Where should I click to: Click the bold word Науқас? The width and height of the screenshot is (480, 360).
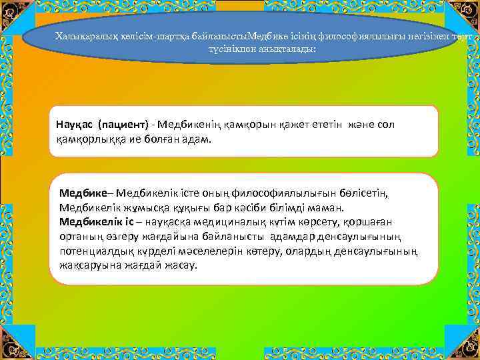75,125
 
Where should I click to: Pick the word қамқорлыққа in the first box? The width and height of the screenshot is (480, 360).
89,140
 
